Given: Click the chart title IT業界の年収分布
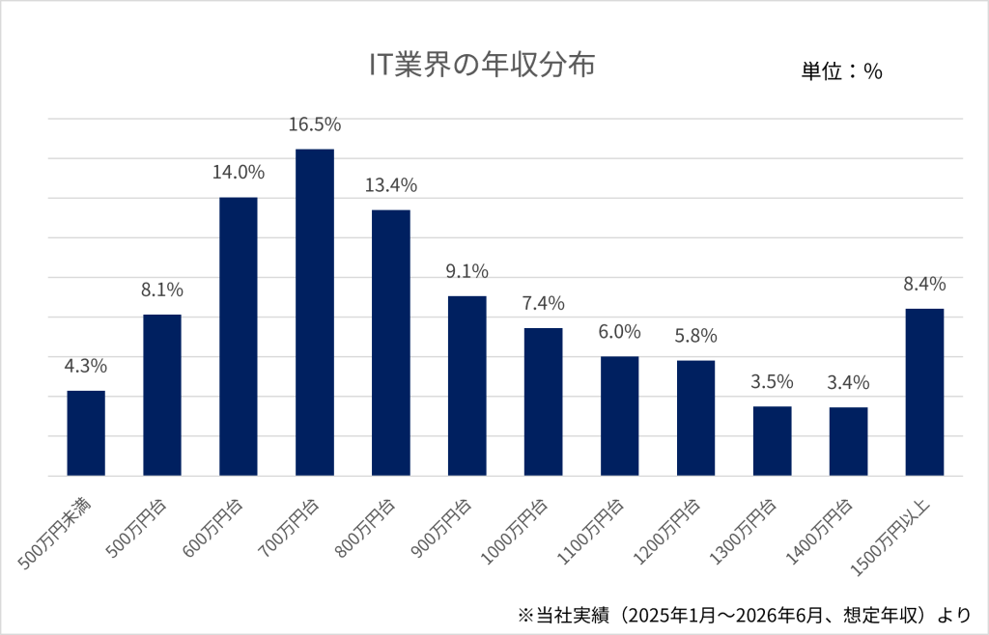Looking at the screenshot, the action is [x=482, y=66].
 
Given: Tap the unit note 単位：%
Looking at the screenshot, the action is [x=841, y=71].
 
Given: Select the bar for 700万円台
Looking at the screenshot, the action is [x=315, y=313].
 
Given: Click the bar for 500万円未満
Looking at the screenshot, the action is [x=86, y=433].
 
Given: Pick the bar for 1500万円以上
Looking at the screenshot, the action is [x=924, y=393].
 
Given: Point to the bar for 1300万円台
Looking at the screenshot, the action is [x=772, y=441].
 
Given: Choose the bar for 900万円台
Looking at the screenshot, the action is [x=467, y=386].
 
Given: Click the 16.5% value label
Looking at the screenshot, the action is [x=315, y=124].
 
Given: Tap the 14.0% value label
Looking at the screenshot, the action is [x=239, y=172].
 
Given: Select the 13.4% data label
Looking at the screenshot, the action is [x=391, y=185].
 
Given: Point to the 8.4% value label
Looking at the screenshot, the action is [x=924, y=284].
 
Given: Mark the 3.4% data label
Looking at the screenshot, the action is [x=848, y=382].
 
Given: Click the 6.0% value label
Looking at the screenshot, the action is [x=619, y=331].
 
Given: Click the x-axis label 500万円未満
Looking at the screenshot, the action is [x=54, y=535].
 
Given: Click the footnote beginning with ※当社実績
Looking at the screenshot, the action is [x=745, y=614].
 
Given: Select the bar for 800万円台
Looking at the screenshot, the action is [x=391, y=343].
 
